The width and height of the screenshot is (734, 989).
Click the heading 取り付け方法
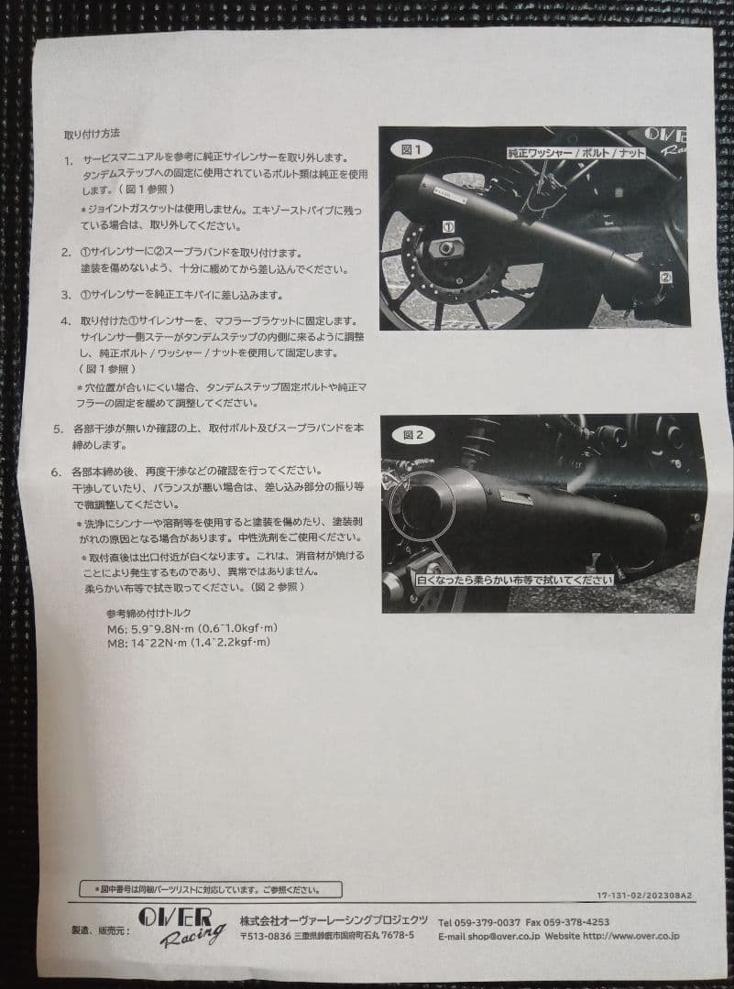(x=93, y=134)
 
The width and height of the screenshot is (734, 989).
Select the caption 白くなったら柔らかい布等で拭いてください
(x=514, y=580)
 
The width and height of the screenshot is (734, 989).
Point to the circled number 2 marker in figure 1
(x=665, y=276)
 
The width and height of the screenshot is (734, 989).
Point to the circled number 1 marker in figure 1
(x=449, y=224)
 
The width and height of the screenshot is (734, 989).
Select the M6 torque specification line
(x=192, y=628)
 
